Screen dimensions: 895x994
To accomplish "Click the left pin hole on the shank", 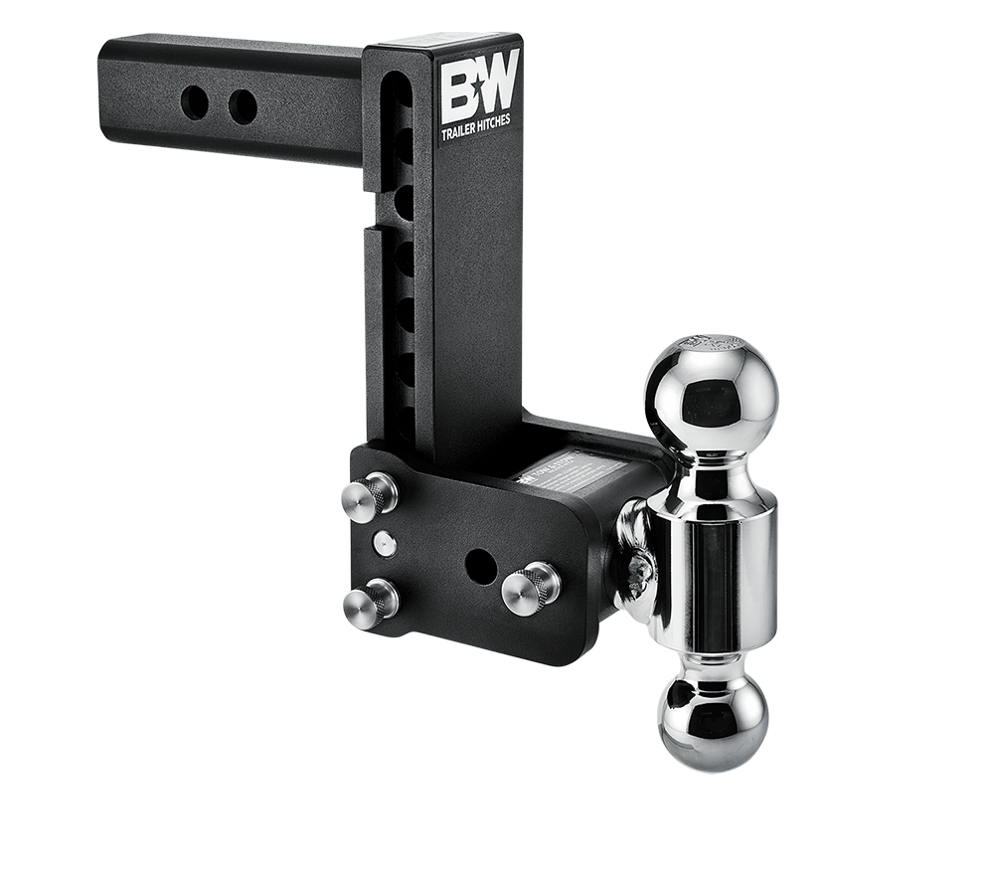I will pos(195,102).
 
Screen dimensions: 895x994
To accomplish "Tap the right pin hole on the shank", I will pos(243,105).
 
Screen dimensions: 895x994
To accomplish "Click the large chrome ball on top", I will pos(709,394).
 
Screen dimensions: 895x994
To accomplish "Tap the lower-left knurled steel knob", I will pos(371,601).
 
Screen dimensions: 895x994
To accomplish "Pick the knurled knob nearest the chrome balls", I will pos(530,588).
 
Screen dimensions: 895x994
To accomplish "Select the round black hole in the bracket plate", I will pos(481,565).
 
